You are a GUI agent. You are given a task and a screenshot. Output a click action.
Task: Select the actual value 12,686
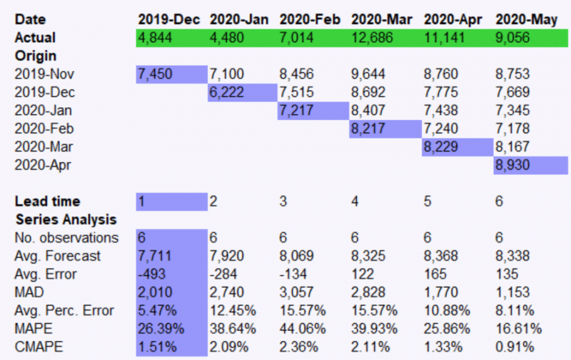(373, 38)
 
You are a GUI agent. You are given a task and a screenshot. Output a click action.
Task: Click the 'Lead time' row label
(47, 202)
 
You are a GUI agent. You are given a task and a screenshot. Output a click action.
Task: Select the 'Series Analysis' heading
(66, 220)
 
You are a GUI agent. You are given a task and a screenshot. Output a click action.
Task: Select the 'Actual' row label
(35, 38)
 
